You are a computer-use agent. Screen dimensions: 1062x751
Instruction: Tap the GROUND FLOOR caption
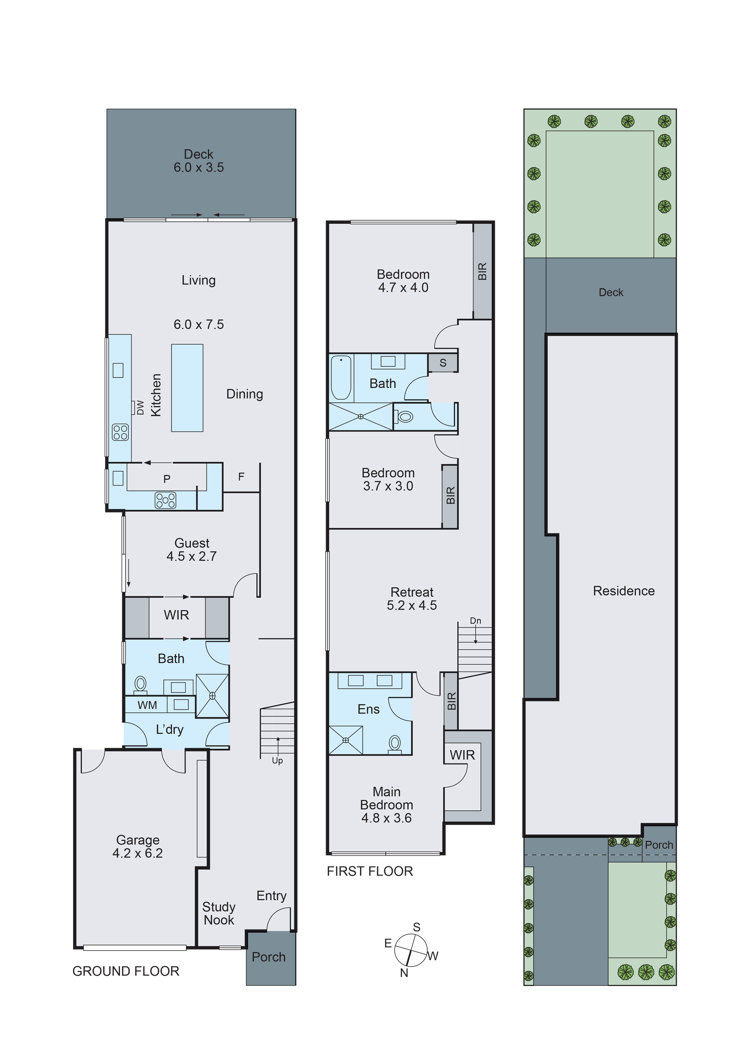pyautogui.click(x=126, y=971)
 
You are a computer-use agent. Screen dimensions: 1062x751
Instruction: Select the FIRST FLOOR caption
pyautogui.click(x=370, y=871)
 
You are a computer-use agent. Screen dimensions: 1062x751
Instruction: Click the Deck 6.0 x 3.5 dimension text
pyautogui.click(x=199, y=167)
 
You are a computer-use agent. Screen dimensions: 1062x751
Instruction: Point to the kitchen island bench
pyautogui.click(x=187, y=388)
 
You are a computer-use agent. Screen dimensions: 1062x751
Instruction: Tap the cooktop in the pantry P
pyautogui.click(x=165, y=500)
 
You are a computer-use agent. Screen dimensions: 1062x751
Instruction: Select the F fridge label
pyautogui.click(x=241, y=477)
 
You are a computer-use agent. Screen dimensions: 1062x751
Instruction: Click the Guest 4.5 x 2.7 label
pyautogui.click(x=192, y=549)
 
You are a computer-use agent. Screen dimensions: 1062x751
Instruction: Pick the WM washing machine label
pyautogui.click(x=147, y=705)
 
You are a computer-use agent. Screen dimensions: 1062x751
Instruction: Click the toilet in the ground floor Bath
pyautogui.click(x=140, y=684)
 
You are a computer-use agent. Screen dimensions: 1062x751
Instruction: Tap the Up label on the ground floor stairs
pyautogui.click(x=277, y=760)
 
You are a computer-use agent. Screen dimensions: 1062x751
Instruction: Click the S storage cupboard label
pyautogui.click(x=443, y=363)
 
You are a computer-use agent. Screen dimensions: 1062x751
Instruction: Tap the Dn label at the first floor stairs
pyautogui.click(x=475, y=621)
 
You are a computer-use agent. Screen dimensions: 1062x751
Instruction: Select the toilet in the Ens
pyautogui.click(x=394, y=744)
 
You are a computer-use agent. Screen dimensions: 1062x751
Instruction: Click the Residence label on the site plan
pyautogui.click(x=623, y=591)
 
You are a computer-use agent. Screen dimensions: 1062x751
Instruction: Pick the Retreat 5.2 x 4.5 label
pyautogui.click(x=411, y=599)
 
